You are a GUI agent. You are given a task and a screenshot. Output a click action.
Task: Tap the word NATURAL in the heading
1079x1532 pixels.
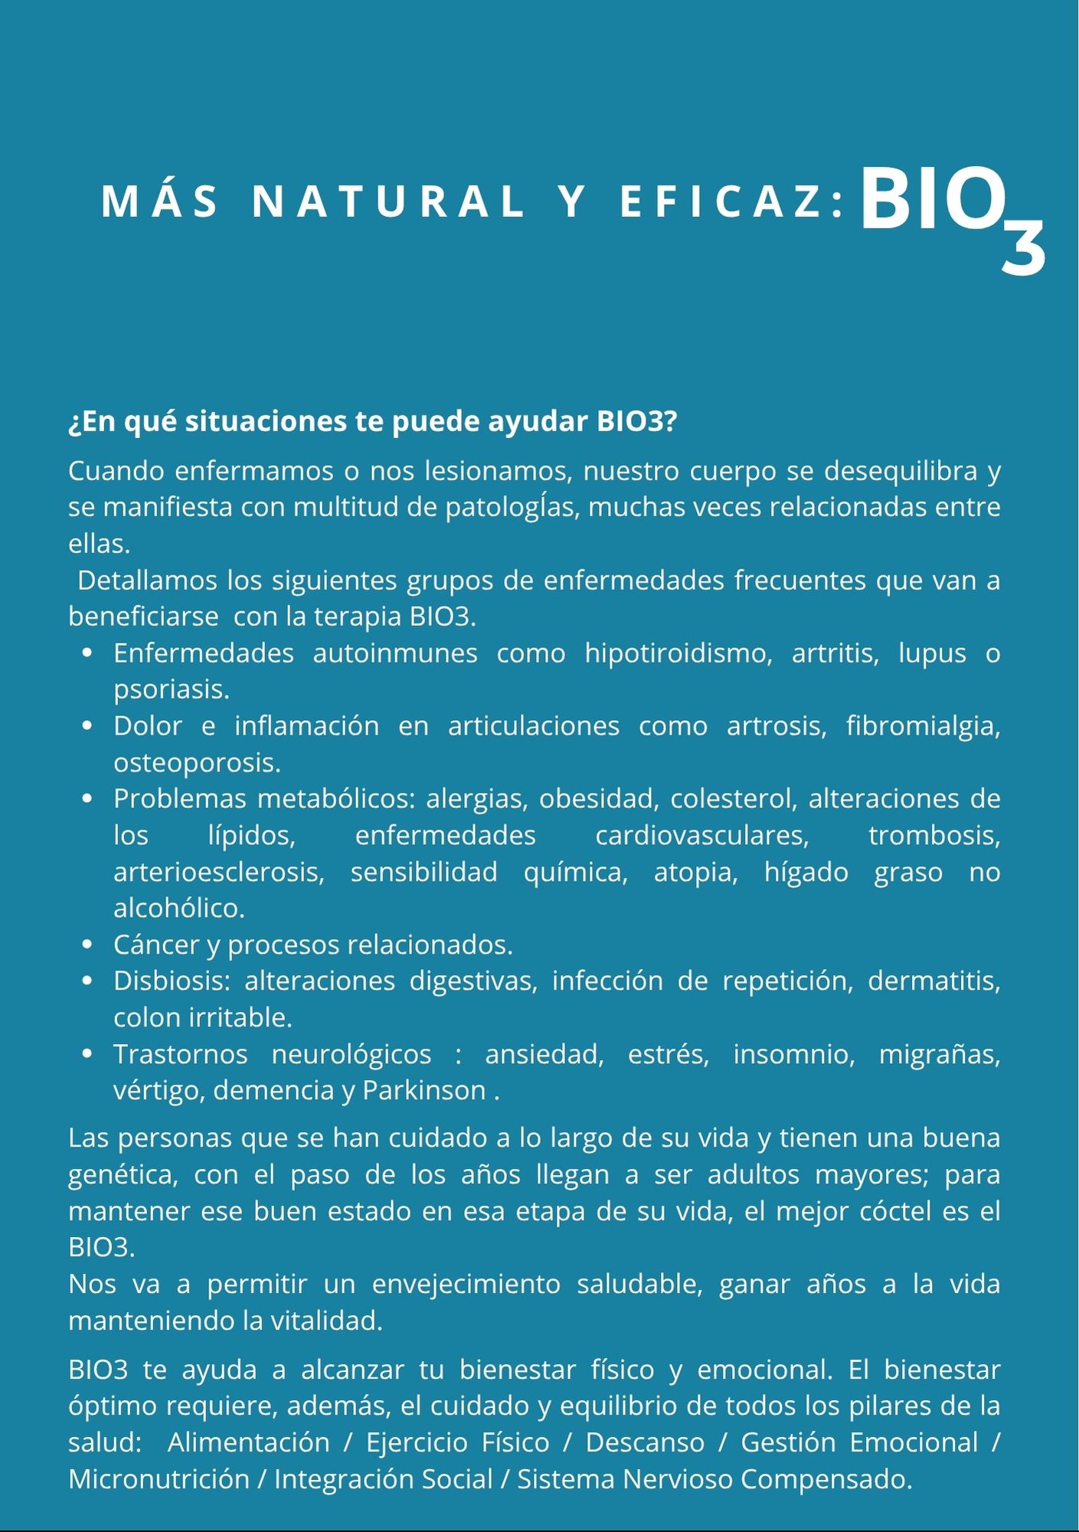(388, 202)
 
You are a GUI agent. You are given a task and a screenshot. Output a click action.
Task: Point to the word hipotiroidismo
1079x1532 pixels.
(678, 653)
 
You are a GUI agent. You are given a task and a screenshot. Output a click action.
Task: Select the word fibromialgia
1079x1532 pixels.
(922, 726)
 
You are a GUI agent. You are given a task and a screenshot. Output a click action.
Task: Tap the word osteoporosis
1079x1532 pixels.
(196, 763)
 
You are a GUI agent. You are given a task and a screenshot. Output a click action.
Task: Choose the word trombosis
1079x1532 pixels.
(933, 835)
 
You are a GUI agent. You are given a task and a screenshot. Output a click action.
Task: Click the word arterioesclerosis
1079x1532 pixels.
(218, 872)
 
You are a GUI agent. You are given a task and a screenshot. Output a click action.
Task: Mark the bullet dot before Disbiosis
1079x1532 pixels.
(87, 981)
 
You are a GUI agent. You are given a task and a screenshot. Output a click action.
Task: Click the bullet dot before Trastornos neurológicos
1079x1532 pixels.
(87, 1055)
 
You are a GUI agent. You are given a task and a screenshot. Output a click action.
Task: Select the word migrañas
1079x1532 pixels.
(938, 1055)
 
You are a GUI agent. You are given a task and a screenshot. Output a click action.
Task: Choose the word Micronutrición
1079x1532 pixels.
(159, 1479)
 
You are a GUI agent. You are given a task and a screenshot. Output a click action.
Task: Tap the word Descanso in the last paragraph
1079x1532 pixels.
(644, 1442)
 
